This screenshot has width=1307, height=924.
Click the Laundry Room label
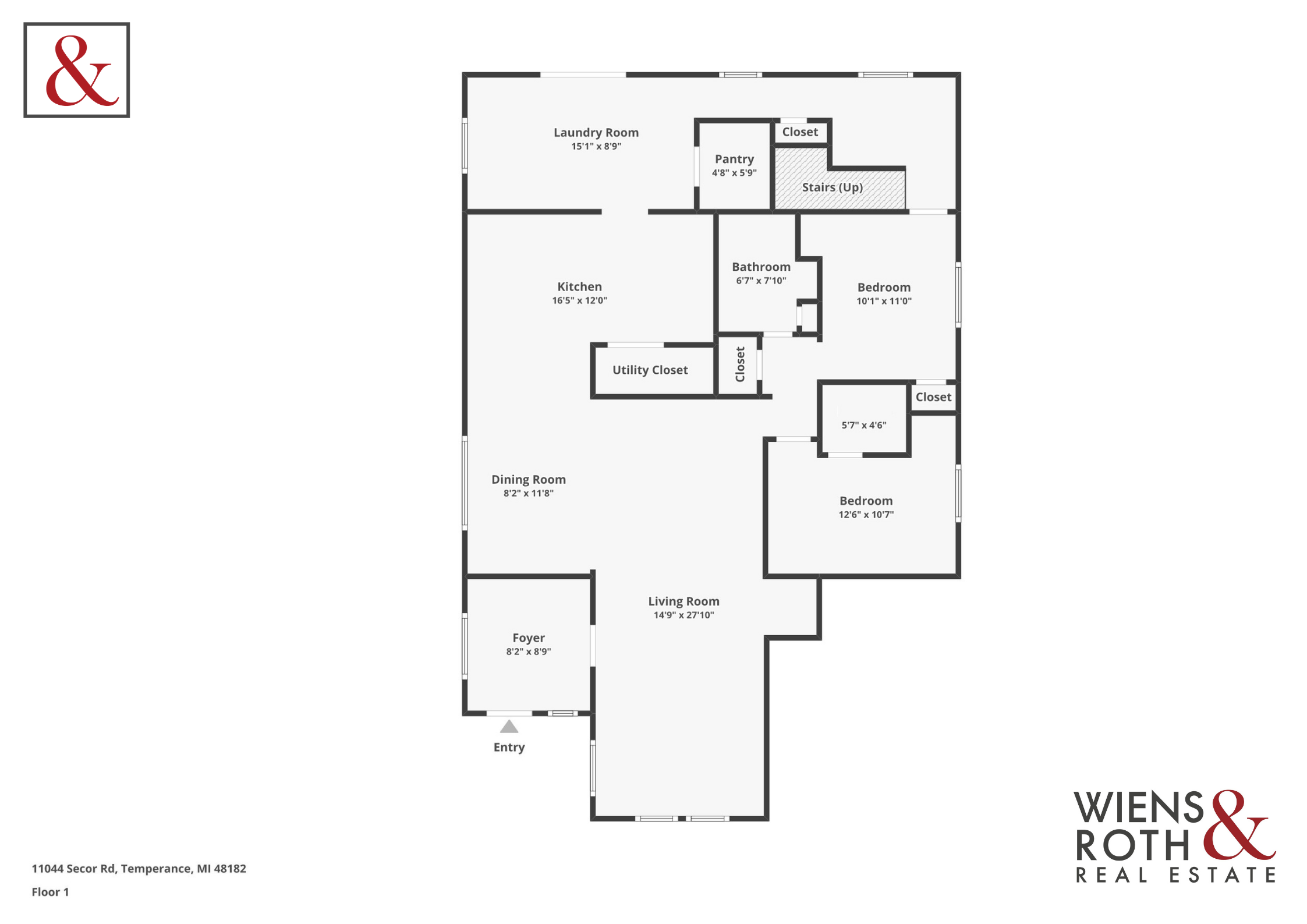(596, 133)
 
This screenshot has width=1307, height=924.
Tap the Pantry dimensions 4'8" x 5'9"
(734, 173)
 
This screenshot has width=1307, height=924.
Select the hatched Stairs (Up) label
(832, 187)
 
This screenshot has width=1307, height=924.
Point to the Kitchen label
(579, 286)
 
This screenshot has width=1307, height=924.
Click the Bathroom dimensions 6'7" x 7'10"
(761, 281)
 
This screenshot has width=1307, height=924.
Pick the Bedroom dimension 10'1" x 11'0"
(884, 301)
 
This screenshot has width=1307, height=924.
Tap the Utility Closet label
(650, 370)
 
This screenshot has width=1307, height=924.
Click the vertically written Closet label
(740, 364)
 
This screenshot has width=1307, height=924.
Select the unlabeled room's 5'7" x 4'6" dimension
(864, 425)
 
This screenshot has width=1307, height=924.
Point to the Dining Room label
(528, 480)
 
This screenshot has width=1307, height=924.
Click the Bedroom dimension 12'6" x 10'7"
(866, 515)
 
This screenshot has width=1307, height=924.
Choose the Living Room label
(683, 601)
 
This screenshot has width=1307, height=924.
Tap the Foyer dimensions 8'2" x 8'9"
(528, 652)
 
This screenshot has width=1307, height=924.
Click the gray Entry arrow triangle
(509, 727)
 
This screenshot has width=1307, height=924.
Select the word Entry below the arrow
(509, 748)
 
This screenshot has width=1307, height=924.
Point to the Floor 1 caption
(50, 892)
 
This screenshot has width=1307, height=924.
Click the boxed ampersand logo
(77, 70)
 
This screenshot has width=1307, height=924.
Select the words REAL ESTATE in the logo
(1176, 875)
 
